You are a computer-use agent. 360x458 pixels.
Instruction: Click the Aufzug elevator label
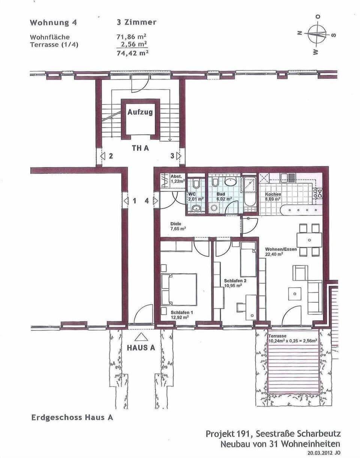pos(140,112)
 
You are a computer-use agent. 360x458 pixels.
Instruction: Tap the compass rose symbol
pos(317,34)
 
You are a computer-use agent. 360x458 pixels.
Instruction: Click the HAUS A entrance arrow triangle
pos(141,336)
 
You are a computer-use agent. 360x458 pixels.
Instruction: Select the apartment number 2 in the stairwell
pos(111,156)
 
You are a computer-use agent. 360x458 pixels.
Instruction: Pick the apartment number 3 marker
pos(172,156)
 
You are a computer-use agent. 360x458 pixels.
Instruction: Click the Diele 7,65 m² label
pos(178,226)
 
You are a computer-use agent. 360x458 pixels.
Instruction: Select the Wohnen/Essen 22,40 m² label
pos(281,252)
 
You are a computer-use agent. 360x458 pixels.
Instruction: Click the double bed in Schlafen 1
pos(179,289)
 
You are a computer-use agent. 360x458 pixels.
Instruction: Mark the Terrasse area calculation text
pos(292,339)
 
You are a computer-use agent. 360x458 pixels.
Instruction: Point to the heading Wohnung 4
pos(53,23)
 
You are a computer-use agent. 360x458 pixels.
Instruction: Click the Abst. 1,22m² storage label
pos(177,179)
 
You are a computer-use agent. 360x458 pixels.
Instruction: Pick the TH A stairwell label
pos(140,148)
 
